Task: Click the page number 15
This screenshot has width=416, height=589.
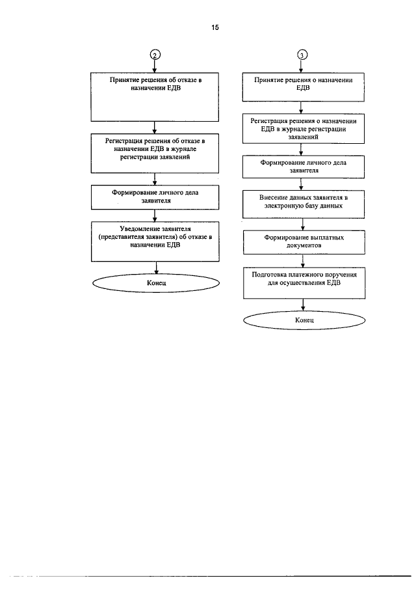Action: (215, 27)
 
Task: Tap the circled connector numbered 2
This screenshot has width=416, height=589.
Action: (155, 55)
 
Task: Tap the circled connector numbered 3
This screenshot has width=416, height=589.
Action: (302, 55)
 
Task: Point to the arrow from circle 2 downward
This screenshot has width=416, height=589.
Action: (155, 66)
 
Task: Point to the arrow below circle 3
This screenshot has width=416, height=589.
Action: (301, 66)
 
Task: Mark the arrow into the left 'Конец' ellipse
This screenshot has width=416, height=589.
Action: (157, 268)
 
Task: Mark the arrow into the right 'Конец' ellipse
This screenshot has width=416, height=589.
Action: (303, 305)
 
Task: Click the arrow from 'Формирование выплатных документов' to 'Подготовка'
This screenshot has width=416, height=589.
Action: (303, 261)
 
